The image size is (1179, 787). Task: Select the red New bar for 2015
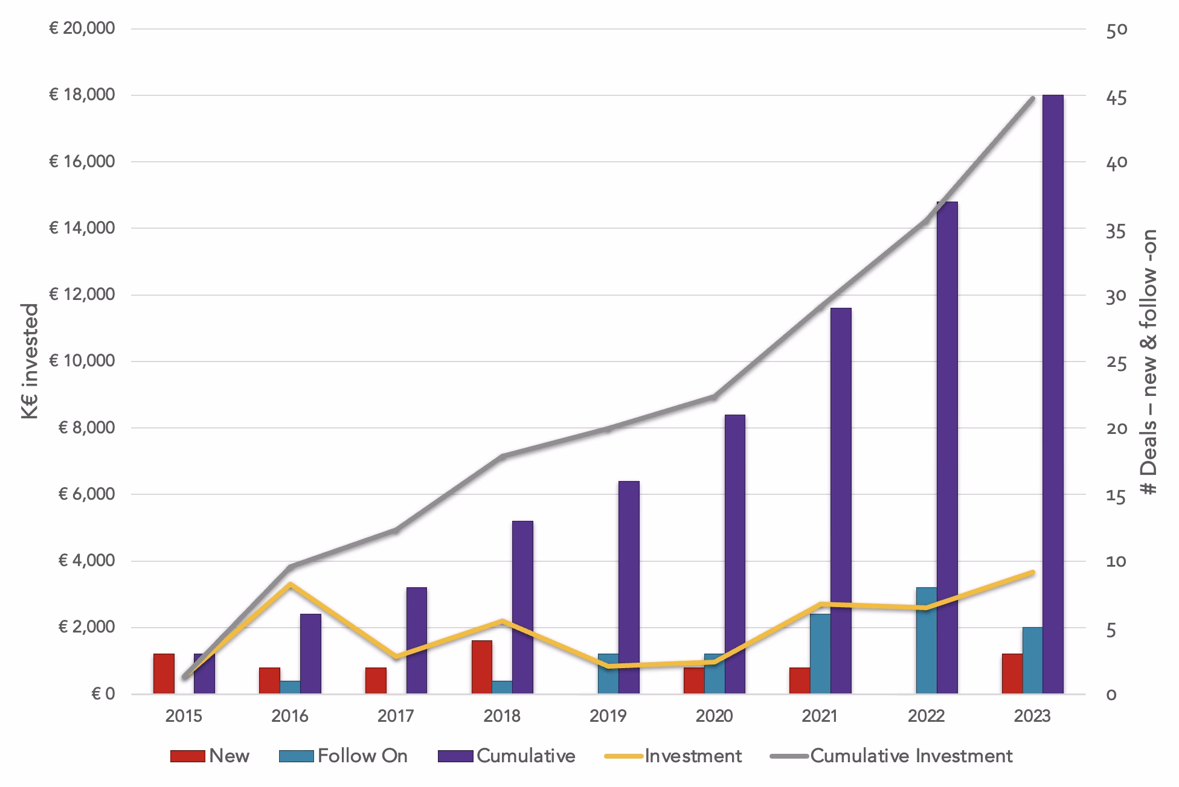click(x=164, y=674)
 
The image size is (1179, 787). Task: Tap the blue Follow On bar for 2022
click(x=927, y=640)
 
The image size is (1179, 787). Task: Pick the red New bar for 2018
click(x=482, y=667)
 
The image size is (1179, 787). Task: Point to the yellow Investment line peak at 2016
click(x=291, y=584)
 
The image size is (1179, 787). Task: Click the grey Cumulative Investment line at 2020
click(x=714, y=397)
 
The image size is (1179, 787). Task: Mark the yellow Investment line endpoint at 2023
click(x=1033, y=572)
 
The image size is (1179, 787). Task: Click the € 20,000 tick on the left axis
click(x=82, y=28)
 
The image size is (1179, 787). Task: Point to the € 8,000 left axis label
click(x=86, y=428)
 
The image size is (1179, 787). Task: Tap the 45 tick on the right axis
click(x=1117, y=98)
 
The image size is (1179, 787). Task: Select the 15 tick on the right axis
click(x=1117, y=497)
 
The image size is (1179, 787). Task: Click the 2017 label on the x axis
click(x=396, y=716)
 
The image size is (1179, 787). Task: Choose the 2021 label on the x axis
click(x=820, y=716)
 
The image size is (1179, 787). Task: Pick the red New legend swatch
click(x=188, y=756)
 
